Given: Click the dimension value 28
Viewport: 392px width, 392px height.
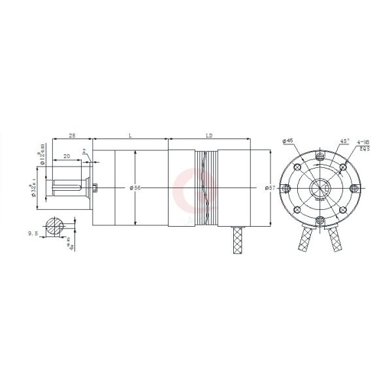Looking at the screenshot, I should [x=72, y=136].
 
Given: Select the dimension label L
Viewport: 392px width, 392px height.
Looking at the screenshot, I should [x=131, y=136].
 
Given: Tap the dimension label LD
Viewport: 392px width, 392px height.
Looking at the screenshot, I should [x=209, y=136].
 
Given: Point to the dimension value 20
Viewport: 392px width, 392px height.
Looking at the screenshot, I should [x=67, y=157].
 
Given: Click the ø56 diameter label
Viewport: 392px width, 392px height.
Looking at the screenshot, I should [x=136, y=188].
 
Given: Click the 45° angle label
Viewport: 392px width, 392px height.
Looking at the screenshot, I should [x=345, y=141].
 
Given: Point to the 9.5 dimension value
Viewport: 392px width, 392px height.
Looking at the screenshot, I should [x=32, y=233].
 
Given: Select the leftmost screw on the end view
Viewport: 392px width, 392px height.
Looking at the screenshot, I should [x=286, y=189].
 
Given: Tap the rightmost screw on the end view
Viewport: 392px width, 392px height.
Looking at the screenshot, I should [x=353, y=189].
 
